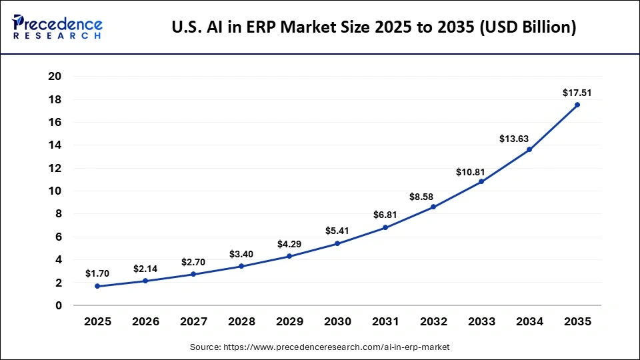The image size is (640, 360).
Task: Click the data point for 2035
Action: [x=577, y=105]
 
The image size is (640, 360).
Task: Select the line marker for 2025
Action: [x=97, y=286]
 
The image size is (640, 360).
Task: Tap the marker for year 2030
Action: [x=337, y=243]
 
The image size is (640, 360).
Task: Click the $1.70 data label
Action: [x=97, y=273]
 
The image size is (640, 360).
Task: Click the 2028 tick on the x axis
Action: [x=241, y=321]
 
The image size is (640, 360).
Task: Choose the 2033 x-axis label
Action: [x=481, y=321]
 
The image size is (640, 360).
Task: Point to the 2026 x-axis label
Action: [x=145, y=321]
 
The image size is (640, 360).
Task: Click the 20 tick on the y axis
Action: [x=55, y=77]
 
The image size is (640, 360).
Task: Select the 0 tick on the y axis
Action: [x=58, y=305]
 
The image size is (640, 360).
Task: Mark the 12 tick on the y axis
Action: [x=55, y=168]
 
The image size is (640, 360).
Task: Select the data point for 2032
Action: [x=433, y=207]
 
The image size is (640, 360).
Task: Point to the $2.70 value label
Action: [x=193, y=262]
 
